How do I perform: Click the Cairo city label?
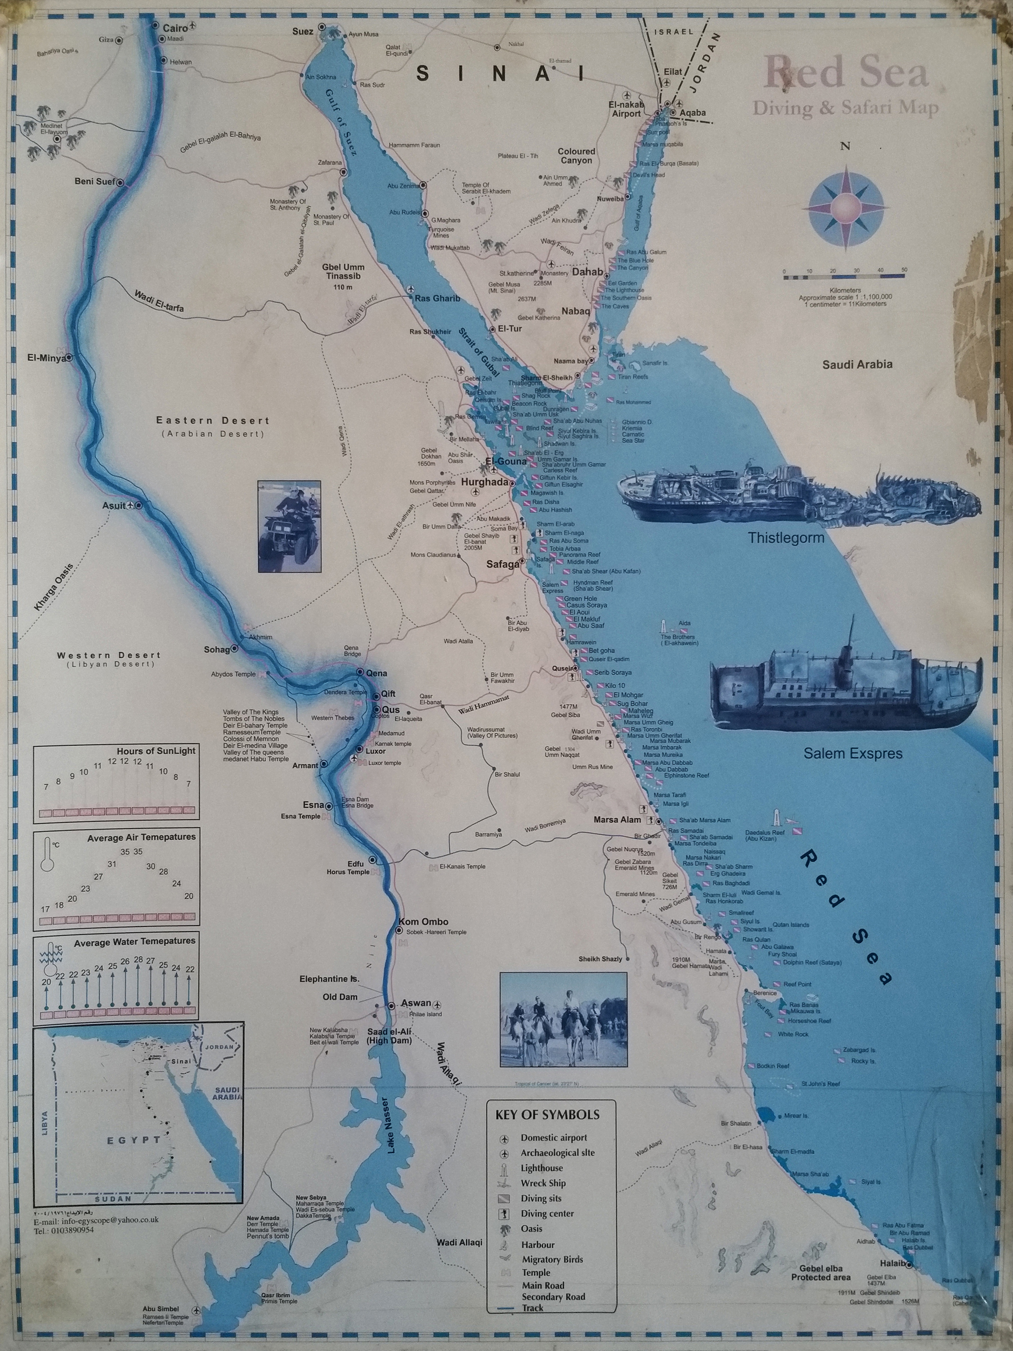(175, 28)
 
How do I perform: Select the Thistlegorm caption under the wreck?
(786, 538)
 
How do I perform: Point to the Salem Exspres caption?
(853, 753)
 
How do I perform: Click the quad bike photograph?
(289, 526)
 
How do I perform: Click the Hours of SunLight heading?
(156, 750)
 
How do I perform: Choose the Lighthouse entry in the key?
(541, 1168)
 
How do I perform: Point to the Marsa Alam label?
(617, 820)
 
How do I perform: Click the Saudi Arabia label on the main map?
(857, 365)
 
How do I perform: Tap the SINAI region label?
(500, 74)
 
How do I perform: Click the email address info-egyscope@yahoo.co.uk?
(96, 1237)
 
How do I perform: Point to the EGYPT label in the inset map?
(134, 1140)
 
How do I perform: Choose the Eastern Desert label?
(213, 420)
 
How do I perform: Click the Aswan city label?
(416, 1004)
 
